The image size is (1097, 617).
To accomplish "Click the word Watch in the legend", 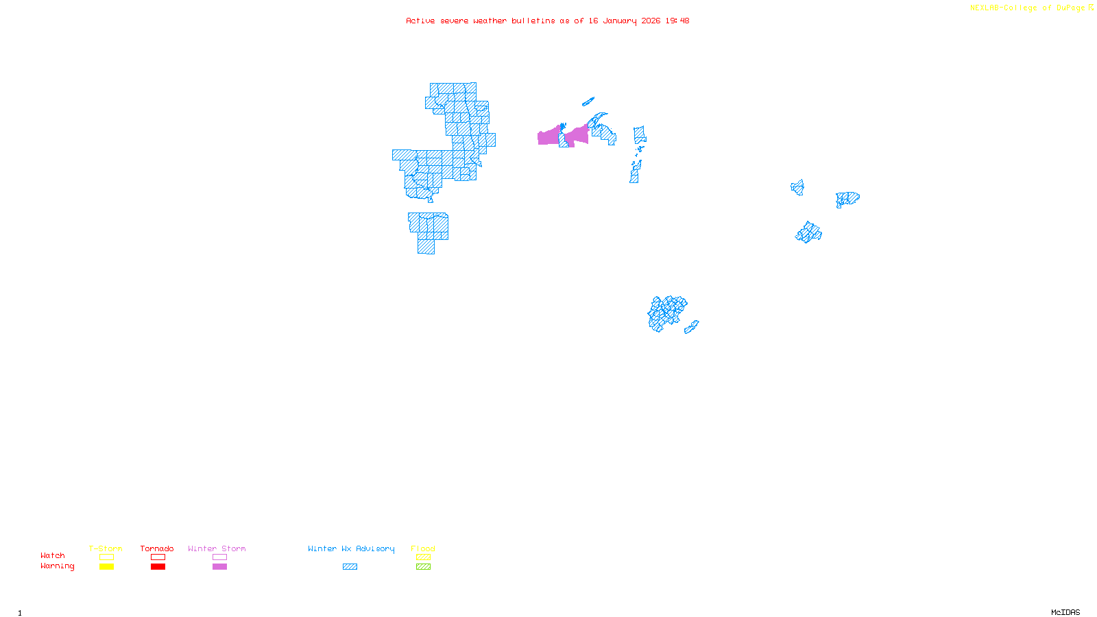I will point(53,555).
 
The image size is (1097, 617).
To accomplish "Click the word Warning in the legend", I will point(57,566).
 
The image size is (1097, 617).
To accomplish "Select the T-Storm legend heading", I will point(106,548).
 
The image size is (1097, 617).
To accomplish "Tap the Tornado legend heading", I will point(157,548).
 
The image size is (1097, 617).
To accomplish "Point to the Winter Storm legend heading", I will point(217,548).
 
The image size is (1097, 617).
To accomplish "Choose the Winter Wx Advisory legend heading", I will point(351,548).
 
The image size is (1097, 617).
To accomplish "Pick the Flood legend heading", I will point(423,548).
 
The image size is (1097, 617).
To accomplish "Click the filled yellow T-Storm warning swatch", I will point(106,567).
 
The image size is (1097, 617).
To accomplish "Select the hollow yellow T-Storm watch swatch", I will point(106,557).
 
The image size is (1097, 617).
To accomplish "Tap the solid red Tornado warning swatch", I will point(158,567).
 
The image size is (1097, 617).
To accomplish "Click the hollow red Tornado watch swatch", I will point(158,557).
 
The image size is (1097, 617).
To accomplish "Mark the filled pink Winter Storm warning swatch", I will point(219,567).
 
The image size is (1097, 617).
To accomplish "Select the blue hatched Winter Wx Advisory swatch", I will point(350,567).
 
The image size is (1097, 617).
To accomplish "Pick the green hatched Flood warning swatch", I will point(423,567).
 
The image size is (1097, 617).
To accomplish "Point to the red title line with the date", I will point(547,21).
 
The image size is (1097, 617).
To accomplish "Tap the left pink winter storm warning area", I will point(548,136).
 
